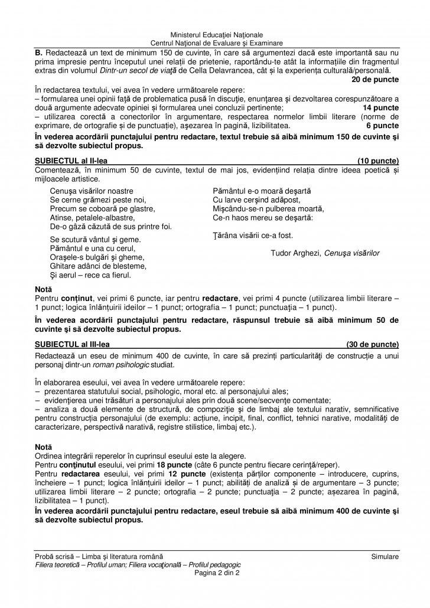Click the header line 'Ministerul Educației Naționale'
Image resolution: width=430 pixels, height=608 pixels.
(x=215, y=35)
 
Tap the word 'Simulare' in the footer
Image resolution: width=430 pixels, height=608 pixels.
(x=385, y=557)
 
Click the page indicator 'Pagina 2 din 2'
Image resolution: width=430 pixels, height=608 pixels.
(x=215, y=573)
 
